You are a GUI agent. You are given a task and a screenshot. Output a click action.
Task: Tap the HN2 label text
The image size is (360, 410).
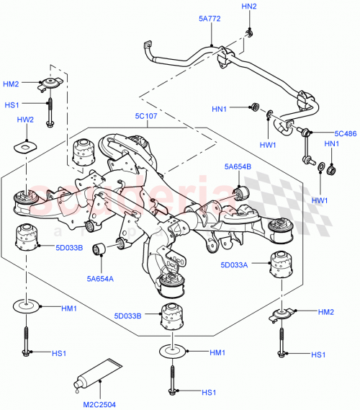coord(248,6)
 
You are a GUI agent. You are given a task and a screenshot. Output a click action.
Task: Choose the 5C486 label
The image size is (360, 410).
coord(346,133)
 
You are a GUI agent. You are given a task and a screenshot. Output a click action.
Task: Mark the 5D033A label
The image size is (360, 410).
coord(235,265)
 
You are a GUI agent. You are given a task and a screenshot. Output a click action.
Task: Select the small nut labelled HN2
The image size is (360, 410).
coord(248,33)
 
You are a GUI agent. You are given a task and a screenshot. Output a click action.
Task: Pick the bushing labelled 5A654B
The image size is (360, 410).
coord(240,191)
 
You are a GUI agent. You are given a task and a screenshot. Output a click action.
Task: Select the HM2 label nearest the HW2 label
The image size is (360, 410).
coord(11,84)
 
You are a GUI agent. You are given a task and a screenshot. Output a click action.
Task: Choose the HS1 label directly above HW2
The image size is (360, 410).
coord(12,104)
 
